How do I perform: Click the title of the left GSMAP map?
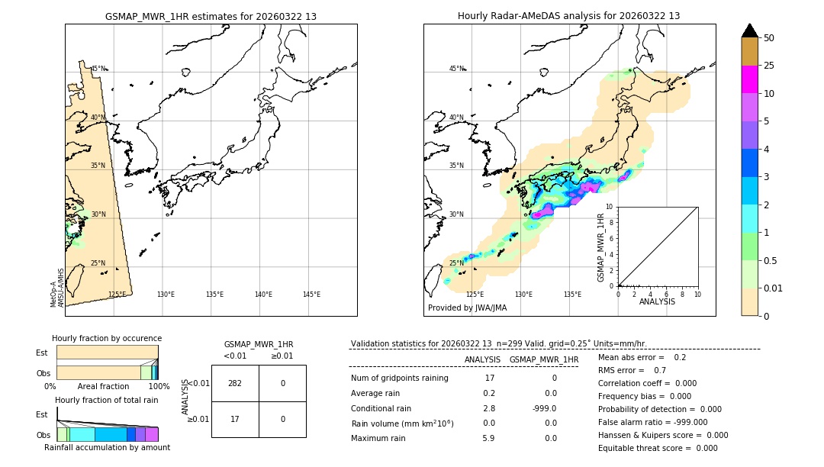(x=211, y=16)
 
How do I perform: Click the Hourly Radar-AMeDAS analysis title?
(x=568, y=16)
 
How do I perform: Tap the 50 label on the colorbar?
(x=769, y=38)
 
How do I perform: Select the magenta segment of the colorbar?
(x=749, y=79)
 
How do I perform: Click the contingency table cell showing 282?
(x=235, y=383)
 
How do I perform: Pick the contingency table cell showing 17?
(x=235, y=419)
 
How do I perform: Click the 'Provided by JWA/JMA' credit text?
(x=467, y=308)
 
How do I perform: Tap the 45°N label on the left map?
(x=98, y=69)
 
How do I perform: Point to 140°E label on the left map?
(x=263, y=295)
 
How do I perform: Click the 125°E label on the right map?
(x=475, y=295)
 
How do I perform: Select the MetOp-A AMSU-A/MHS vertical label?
(x=57, y=288)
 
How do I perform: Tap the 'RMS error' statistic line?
(x=622, y=370)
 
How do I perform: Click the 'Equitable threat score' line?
(x=658, y=448)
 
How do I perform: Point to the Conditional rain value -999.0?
(x=544, y=408)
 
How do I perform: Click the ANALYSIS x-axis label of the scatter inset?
(x=658, y=301)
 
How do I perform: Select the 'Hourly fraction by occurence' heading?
(x=107, y=338)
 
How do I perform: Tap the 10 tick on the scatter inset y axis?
(x=610, y=207)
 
